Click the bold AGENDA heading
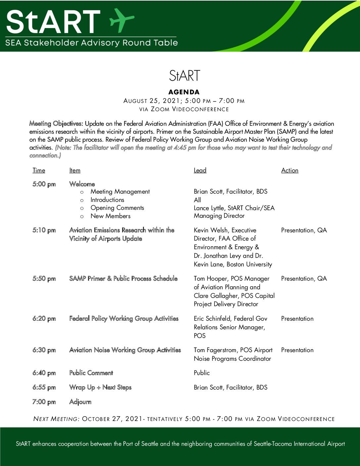click(184, 92)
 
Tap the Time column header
click(39, 170)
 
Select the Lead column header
click(200, 170)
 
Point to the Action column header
click(290, 170)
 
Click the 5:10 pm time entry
click(44, 230)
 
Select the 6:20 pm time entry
click(44, 319)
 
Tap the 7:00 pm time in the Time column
click(44, 402)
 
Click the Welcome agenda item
click(82, 184)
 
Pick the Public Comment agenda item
click(91, 373)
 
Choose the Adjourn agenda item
click(80, 402)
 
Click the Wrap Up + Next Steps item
click(100, 387)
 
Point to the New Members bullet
click(111, 216)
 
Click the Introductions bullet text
click(108, 200)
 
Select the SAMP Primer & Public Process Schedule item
click(123, 279)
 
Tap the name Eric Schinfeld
click(212, 319)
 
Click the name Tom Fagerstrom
click(215, 350)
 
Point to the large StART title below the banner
click(184, 76)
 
